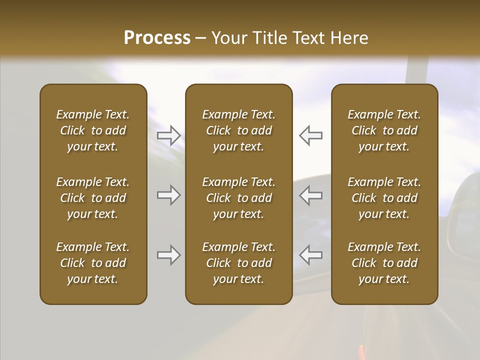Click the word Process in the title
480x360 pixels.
coord(157,38)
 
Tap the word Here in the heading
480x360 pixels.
coord(349,38)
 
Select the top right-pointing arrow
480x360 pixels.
coord(168,135)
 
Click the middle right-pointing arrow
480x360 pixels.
coord(168,195)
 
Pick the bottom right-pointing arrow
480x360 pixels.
coord(168,255)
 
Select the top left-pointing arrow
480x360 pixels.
coord(311,135)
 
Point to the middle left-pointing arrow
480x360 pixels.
coord(311,195)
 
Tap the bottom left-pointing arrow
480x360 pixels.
coord(311,255)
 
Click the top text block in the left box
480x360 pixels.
coord(93,130)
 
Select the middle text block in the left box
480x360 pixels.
coord(93,198)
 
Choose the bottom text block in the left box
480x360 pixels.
coord(93,263)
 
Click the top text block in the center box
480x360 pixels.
coord(238,130)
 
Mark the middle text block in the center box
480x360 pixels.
coord(238,198)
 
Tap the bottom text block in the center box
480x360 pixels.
coord(238,263)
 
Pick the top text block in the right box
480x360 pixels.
coord(384,130)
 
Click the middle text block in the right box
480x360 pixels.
coord(384,198)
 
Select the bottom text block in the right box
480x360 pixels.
coord(384,263)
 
